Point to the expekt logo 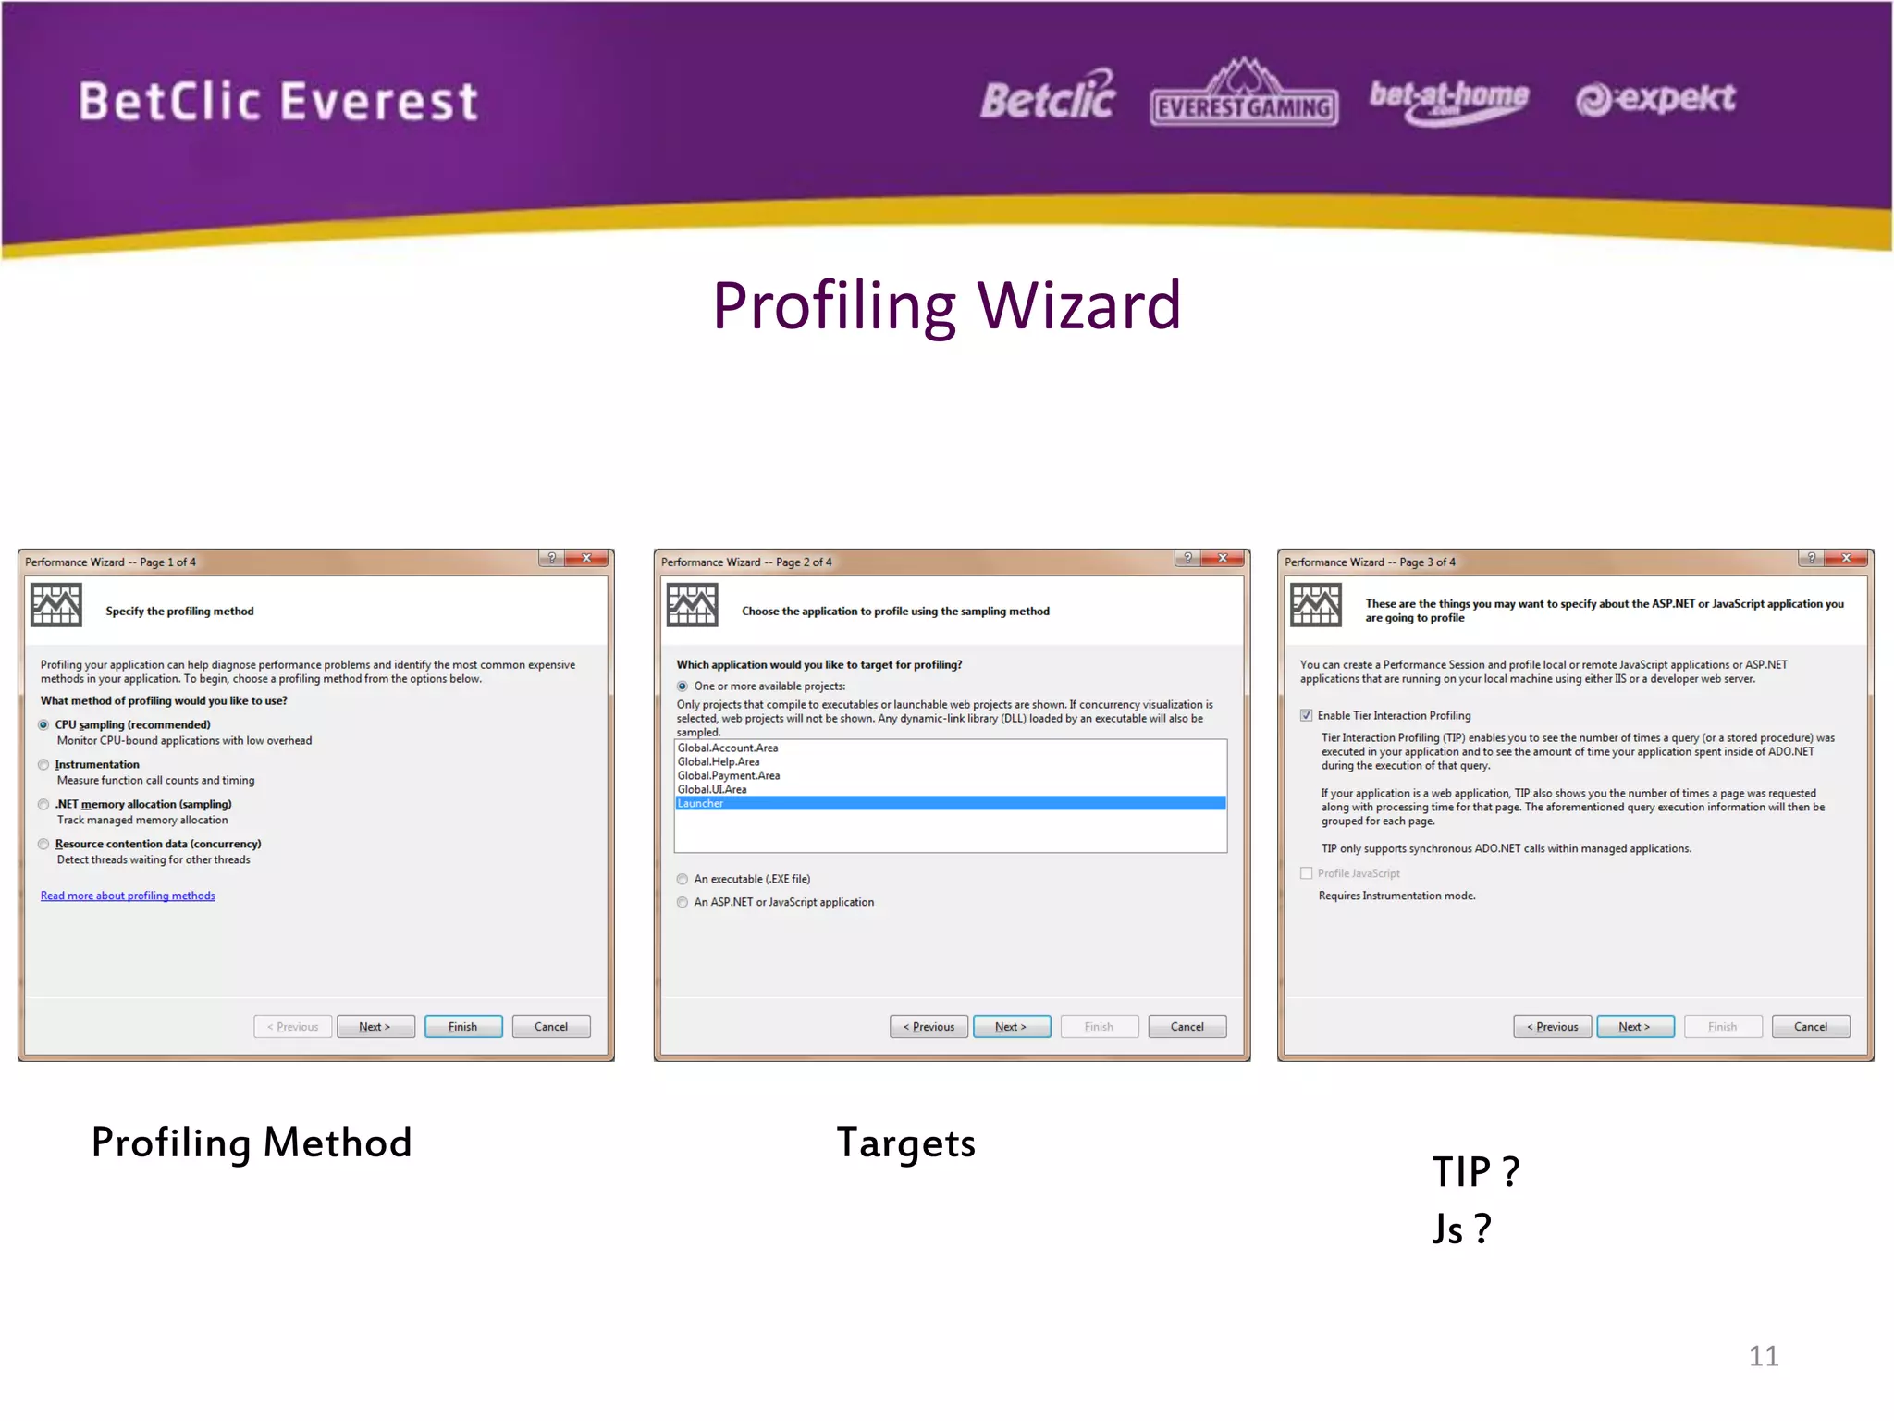(x=1655, y=98)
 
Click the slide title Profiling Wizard (x=946, y=305)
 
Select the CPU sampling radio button (x=43, y=724)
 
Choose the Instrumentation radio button (x=43, y=764)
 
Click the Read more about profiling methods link (x=128, y=896)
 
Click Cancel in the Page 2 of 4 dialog (x=1187, y=1027)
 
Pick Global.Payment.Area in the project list (x=729, y=775)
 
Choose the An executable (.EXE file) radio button (x=683, y=879)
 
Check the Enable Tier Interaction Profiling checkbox (x=1306, y=715)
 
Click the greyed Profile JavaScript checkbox (x=1306, y=873)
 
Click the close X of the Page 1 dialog (x=586, y=558)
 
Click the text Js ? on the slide (x=1461, y=1229)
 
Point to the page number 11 (x=1764, y=1356)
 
